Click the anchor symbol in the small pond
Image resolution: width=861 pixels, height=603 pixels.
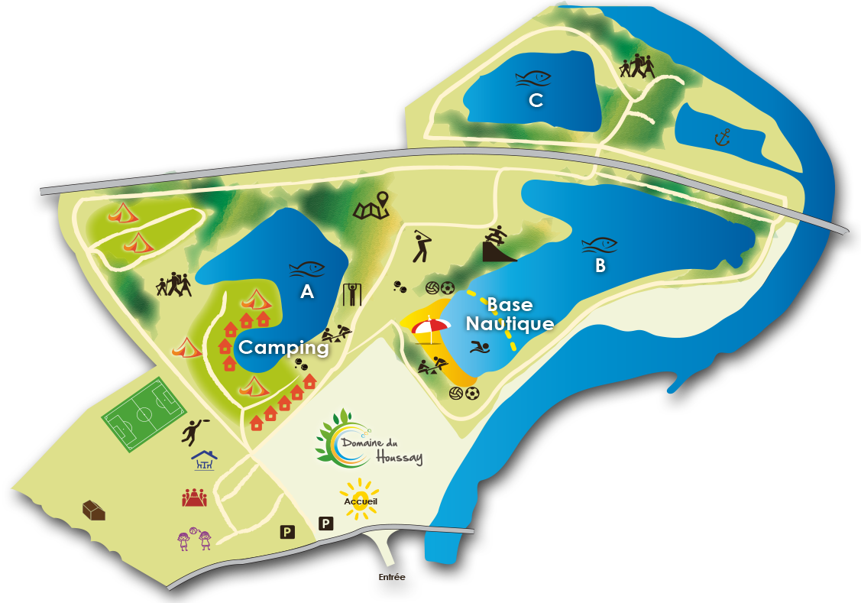click(722, 138)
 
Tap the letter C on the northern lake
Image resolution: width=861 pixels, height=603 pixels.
click(536, 100)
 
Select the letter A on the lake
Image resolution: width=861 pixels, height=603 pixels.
click(307, 291)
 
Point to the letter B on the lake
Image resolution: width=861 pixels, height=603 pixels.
click(600, 265)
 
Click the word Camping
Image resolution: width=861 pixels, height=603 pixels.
click(283, 347)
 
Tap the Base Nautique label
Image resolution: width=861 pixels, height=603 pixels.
click(510, 314)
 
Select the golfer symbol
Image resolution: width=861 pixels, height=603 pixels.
click(422, 245)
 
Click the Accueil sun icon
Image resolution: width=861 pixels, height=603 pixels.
click(360, 500)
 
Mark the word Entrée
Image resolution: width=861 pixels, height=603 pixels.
click(391, 577)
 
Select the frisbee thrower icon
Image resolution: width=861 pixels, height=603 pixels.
click(193, 431)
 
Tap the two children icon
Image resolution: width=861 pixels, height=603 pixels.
click(193, 540)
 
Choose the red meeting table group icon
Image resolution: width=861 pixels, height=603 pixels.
click(194, 498)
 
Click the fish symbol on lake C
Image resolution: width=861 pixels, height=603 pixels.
click(532, 78)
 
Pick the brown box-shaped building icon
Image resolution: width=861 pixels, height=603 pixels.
click(94, 510)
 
